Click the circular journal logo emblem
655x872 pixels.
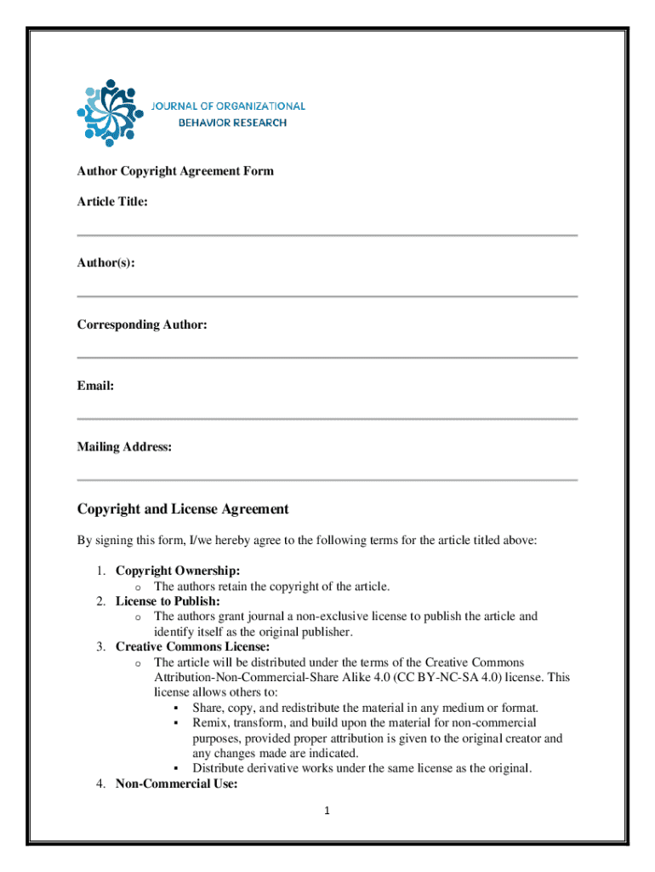[108, 111]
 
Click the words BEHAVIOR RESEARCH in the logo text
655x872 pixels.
[232, 123]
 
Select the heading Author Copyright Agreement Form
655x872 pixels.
[175, 171]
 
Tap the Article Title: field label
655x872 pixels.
[112, 202]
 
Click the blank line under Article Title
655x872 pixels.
[327, 235]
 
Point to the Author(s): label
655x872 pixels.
[105, 263]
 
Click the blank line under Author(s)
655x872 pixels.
[327, 296]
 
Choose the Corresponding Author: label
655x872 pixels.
[142, 324]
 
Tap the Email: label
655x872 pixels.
[95, 386]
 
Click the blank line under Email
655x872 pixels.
[327, 419]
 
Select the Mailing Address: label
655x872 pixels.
[124, 447]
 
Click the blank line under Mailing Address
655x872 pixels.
[327, 480]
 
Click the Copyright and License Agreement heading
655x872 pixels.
[183, 509]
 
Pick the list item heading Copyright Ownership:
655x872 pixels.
[178, 571]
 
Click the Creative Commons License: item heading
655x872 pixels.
[192, 647]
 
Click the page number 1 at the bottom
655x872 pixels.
[327, 811]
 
